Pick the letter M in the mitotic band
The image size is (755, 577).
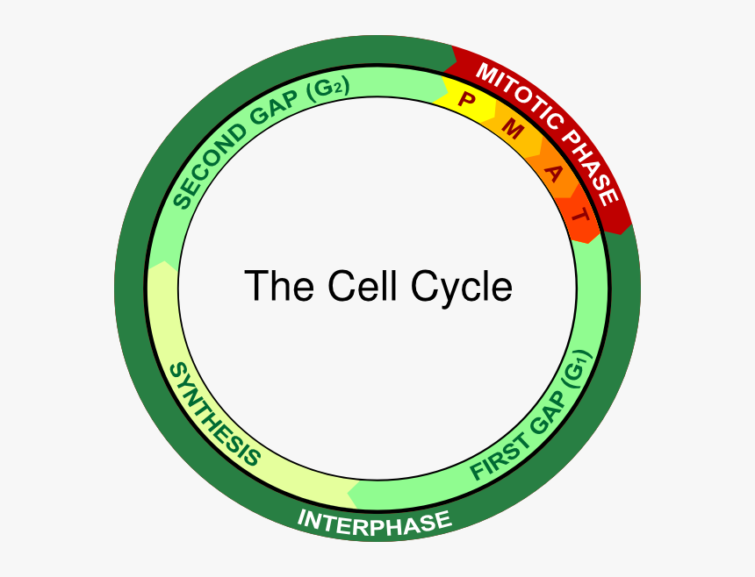click(x=513, y=131)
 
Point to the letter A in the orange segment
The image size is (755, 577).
click(x=553, y=171)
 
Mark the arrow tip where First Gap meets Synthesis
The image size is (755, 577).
click(x=350, y=493)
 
